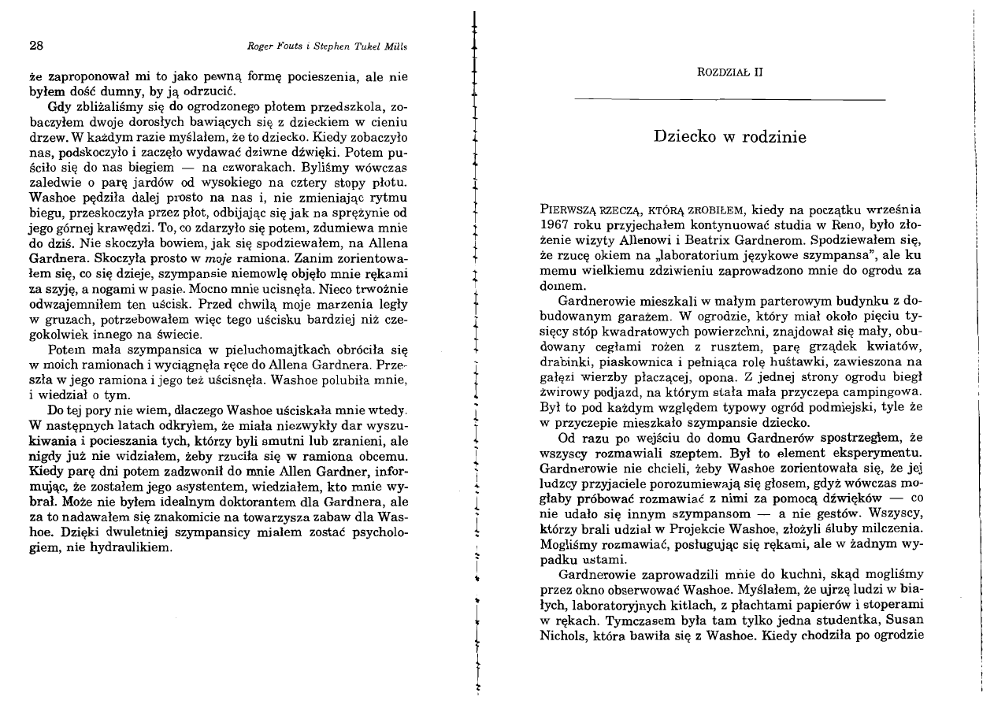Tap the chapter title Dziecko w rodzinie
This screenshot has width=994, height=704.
pos(730,137)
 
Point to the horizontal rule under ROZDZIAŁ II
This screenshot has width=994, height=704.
pos(730,100)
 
